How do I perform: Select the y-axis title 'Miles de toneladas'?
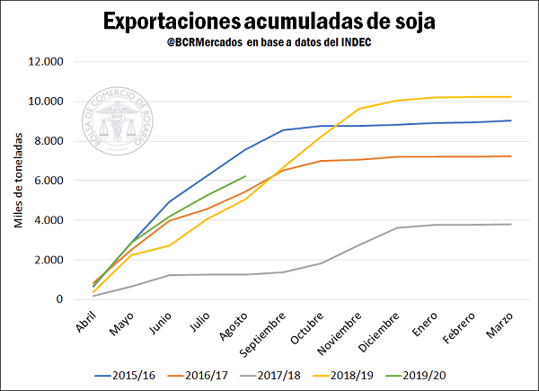[19, 181]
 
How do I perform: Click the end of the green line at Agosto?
[245, 176]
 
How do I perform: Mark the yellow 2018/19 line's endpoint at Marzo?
[511, 97]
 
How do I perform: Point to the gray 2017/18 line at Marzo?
[511, 225]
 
